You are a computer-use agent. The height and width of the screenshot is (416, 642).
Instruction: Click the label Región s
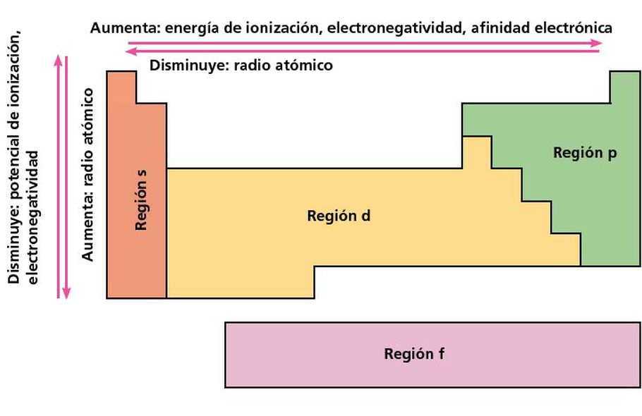pyautogui.click(x=141, y=200)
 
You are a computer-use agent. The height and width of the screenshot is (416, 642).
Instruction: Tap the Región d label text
pyautogui.click(x=339, y=216)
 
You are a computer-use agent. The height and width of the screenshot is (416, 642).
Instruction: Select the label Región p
pyautogui.click(x=585, y=153)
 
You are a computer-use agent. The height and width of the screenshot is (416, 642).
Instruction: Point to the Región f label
pyautogui.click(x=414, y=353)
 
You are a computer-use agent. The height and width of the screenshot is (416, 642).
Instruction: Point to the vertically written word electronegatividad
pyautogui.click(x=32, y=218)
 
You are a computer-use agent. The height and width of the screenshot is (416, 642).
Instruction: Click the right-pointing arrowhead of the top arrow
pyautogui.click(x=597, y=43)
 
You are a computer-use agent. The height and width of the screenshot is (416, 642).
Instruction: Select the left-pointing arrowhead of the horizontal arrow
pyautogui.click(x=131, y=51)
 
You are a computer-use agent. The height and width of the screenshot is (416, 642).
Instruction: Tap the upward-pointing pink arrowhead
pyautogui.click(x=58, y=60)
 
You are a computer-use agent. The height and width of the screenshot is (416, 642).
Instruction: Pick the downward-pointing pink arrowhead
pyautogui.click(x=66, y=293)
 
